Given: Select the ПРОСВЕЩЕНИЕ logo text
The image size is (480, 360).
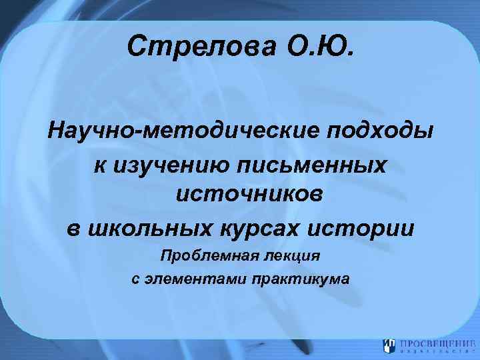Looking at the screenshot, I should click(433, 343).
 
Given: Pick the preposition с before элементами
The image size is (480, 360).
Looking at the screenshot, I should click(135, 278).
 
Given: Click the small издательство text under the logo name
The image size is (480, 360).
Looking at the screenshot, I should click(433, 351).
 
